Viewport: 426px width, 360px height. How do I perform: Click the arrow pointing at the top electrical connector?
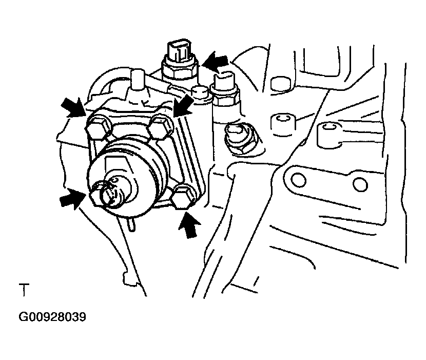coord(216,62)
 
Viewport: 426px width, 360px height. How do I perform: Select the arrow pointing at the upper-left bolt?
coord(74,108)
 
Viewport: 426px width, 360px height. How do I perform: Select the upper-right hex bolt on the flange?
coord(160,126)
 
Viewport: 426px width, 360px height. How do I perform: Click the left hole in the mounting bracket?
coord(298,180)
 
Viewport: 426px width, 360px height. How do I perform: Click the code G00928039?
coord(52,317)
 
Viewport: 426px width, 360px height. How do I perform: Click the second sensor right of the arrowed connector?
coord(225,90)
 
